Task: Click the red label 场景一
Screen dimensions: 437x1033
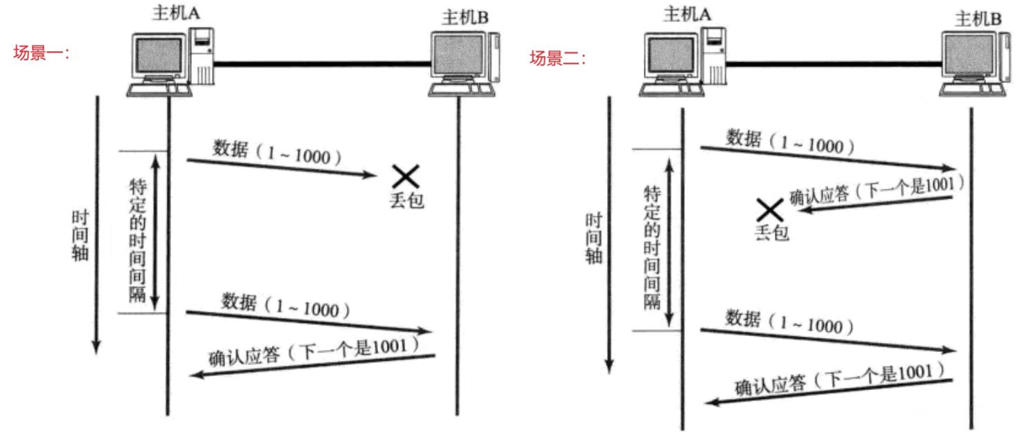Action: (x=42, y=53)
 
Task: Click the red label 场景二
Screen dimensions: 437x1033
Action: (x=558, y=58)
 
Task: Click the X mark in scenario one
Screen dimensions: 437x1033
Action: (x=406, y=176)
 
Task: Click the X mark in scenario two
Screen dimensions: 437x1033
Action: (x=769, y=210)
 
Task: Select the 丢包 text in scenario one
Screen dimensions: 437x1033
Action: (x=406, y=201)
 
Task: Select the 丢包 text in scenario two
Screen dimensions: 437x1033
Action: (x=771, y=233)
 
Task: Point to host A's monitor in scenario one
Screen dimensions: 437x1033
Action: (x=159, y=58)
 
